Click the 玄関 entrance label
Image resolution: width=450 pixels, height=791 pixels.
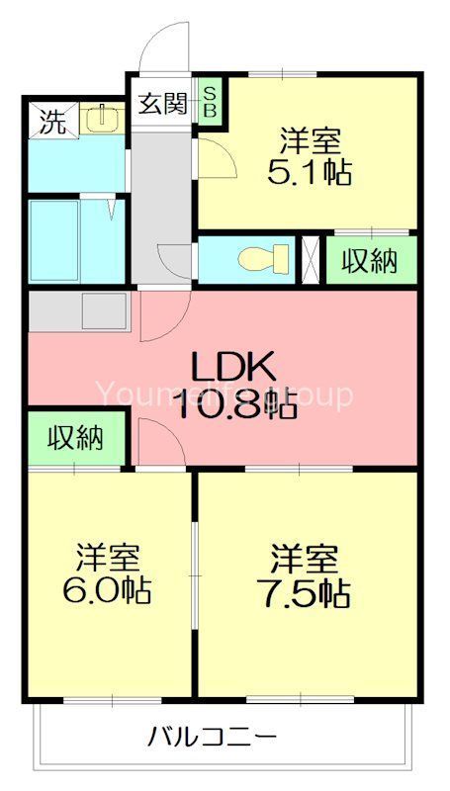point(162,104)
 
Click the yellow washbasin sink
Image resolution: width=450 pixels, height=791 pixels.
point(98,120)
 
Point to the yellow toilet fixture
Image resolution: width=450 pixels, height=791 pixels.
point(265,259)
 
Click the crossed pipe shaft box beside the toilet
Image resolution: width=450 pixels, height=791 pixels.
point(311,259)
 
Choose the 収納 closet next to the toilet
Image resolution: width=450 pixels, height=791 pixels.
point(369,260)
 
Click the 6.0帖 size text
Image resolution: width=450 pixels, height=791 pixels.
point(108,590)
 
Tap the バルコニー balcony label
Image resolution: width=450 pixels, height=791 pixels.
point(213,737)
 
